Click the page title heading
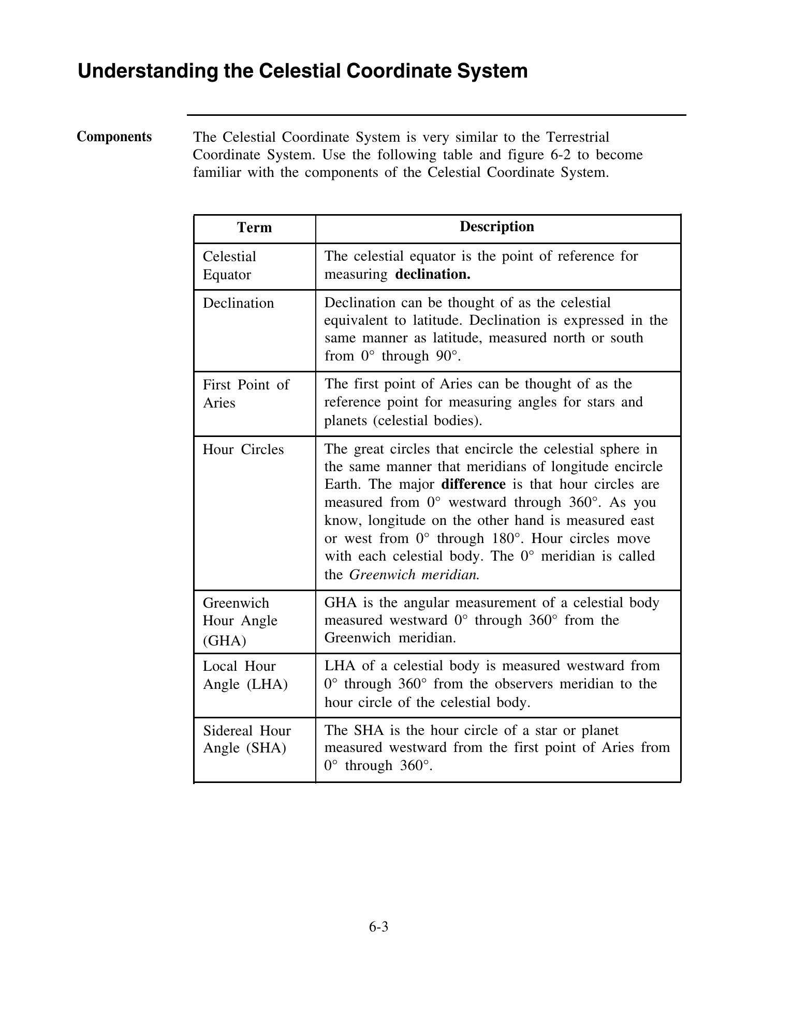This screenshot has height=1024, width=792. (x=302, y=71)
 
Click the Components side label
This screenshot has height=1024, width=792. (x=114, y=137)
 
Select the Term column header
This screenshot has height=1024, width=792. (x=254, y=228)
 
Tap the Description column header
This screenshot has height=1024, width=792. (x=496, y=227)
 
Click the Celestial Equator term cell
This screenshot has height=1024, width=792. (x=229, y=265)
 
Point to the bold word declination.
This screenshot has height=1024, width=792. (x=432, y=274)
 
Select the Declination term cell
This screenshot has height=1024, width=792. (x=238, y=303)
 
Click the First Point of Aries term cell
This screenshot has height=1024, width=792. (x=245, y=394)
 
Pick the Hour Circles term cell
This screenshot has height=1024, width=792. (x=243, y=449)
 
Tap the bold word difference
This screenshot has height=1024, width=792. (x=473, y=485)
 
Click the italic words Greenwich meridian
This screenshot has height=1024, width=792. (x=415, y=575)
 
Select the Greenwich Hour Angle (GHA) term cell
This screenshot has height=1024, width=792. (x=240, y=621)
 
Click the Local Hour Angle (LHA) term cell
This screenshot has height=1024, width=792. (x=244, y=675)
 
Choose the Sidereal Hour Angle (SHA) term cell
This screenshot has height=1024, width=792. (x=246, y=739)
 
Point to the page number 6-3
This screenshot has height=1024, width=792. (x=378, y=927)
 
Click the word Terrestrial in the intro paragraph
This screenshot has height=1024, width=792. (x=578, y=138)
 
